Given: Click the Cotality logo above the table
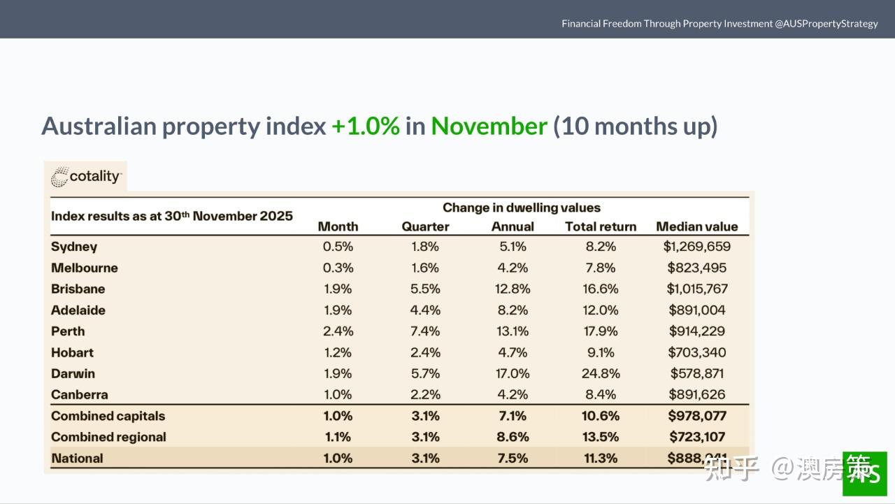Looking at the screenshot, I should (x=86, y=177).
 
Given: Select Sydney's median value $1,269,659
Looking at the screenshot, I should (x=696, y=247).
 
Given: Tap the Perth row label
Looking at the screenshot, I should (x=68, y=331).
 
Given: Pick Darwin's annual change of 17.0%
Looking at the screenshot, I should (x=513, y=373).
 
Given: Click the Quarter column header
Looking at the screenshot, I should (x=425, y=226).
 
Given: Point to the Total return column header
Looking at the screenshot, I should (x=601, y=226).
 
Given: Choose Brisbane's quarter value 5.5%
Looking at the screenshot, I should (x=425, y=289).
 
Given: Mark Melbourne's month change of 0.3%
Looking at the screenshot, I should (x=338, y=268).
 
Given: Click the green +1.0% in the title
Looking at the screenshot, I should (x=365, y=127).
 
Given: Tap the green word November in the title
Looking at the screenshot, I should (x=489, y=127).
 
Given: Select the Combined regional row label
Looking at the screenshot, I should (x=108, y=437).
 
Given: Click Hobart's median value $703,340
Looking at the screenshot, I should (x=696, y=352).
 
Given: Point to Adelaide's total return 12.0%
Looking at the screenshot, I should (x=601, y=310).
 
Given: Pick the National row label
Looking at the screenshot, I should (x=77, y=459).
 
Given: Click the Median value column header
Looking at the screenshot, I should (x=696, y=226).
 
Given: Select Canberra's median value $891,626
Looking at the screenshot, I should (x=696, y=394).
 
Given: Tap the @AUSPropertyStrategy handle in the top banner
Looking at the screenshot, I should (x=826, y=24).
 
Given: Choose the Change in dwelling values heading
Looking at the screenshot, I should (x=521, y=208).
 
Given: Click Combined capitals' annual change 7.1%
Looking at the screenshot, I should (x=513, y=416).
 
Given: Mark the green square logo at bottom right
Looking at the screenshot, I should (x=864, y=473).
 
